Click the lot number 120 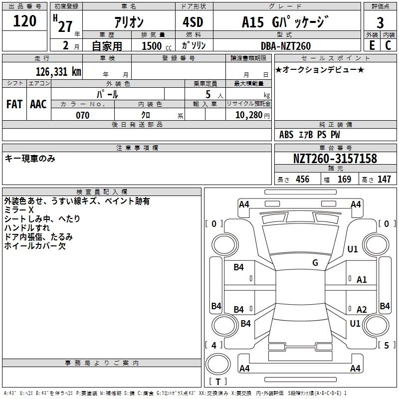point(24,21)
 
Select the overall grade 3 point(380,23)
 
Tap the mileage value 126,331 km point(58,72)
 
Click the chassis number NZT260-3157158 point(335,158)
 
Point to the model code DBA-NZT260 point(286,46)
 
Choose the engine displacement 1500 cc point(157,46)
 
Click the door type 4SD point(193,22)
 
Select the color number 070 point(83,115)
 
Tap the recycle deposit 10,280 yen point(252,115)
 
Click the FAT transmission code point(14,104)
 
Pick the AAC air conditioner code point(38,104)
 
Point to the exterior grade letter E point(372,45)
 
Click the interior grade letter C point(388,45)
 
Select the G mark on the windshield point(315,263)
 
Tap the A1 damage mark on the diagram point(362,280)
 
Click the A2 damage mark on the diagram point(362,309)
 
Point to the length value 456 point(303,179)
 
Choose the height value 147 point(384,179)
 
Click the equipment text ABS point(286,135)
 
